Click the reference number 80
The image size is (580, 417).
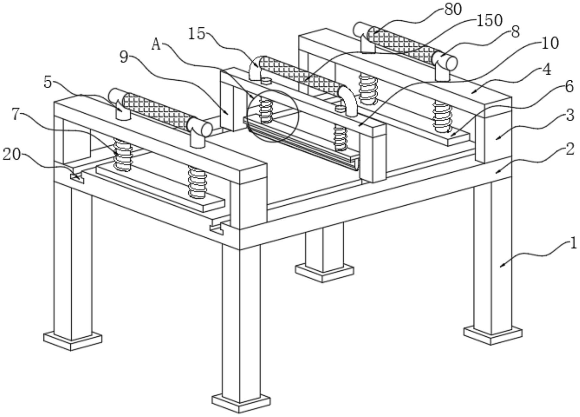[453, 9]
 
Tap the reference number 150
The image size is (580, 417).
[489, 21]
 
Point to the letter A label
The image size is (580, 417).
[156, 45]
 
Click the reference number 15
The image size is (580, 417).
[196, 34]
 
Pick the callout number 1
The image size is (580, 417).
[573, 243]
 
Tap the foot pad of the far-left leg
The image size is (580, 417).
[72, 341]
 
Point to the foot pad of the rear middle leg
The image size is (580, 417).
[324, 273]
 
